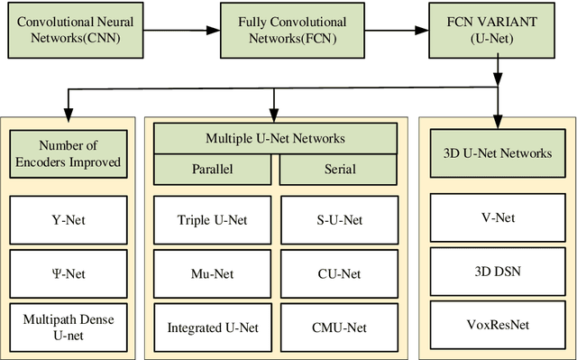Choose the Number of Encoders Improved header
pyautogui.click(x=69, y=154)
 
